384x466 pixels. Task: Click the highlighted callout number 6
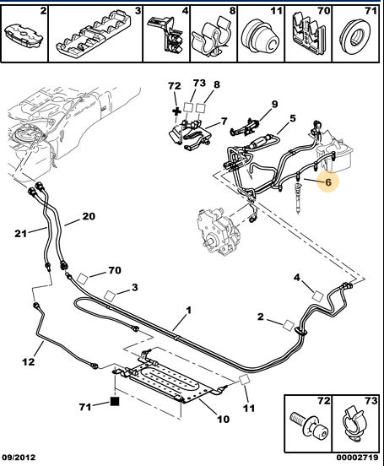click(328, 182)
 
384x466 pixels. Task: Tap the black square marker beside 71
click(115, 401)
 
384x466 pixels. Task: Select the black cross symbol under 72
click(177, 111)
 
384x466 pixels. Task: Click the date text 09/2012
click(20, 457)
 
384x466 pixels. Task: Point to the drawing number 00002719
click(358, 457)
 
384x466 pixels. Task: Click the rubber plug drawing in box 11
click(260, 35)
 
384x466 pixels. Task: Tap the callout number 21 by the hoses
click(20, 233)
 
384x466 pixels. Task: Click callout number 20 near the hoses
click(89, 216)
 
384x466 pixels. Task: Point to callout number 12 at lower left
click(29, 361)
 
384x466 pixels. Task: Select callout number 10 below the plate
click(223, 419)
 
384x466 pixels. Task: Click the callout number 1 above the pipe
click(188, 311)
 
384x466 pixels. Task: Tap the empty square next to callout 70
click(83, 279)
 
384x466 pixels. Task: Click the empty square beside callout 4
click(317, 295)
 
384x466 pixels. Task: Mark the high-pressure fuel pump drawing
click(218, 231)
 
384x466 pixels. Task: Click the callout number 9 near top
click(274, 104)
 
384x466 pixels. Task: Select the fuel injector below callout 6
click(299, 195)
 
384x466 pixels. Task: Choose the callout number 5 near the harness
click(293, 118)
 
